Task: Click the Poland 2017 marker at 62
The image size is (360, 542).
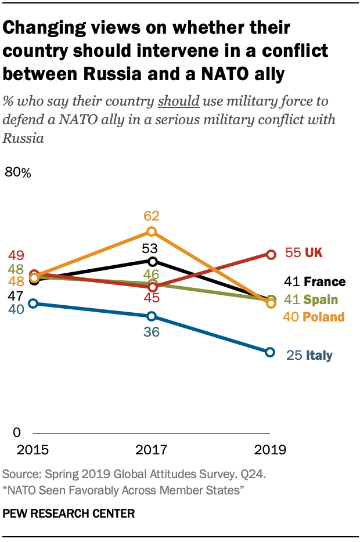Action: coord(152,232)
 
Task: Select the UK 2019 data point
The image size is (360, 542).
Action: coord(270,254)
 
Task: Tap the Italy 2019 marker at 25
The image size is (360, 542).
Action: coord(270,352)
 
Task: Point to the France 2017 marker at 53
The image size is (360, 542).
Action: coord(152,261)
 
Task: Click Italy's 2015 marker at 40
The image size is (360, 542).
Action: coord(34,303)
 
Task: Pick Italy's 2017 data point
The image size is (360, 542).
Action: coord(152,316)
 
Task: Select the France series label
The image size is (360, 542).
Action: coord(324,282)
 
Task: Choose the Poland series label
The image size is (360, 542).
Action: coord(323,317)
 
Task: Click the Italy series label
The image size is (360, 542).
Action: coord(320,355)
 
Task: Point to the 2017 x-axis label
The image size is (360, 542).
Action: coord(152,450)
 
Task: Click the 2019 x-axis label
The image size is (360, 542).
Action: coord(271,450)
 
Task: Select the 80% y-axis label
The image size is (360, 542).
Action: coord(18,172)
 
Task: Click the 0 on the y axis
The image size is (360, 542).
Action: coord(16,433)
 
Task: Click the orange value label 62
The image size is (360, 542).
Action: coord(152,216)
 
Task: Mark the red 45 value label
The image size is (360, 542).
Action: coord(152,298)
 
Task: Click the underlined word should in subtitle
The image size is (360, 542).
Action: coord(179,101)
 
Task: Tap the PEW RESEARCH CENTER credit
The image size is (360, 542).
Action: coord(69,514)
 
